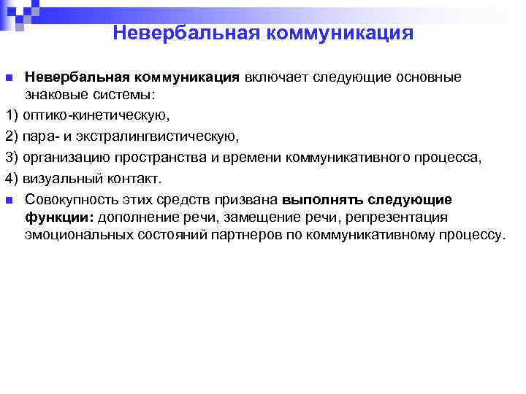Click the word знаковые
click(53, 95)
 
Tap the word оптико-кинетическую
click(96, 115)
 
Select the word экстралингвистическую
click(175, 136)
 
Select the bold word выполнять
click(322, 199)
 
